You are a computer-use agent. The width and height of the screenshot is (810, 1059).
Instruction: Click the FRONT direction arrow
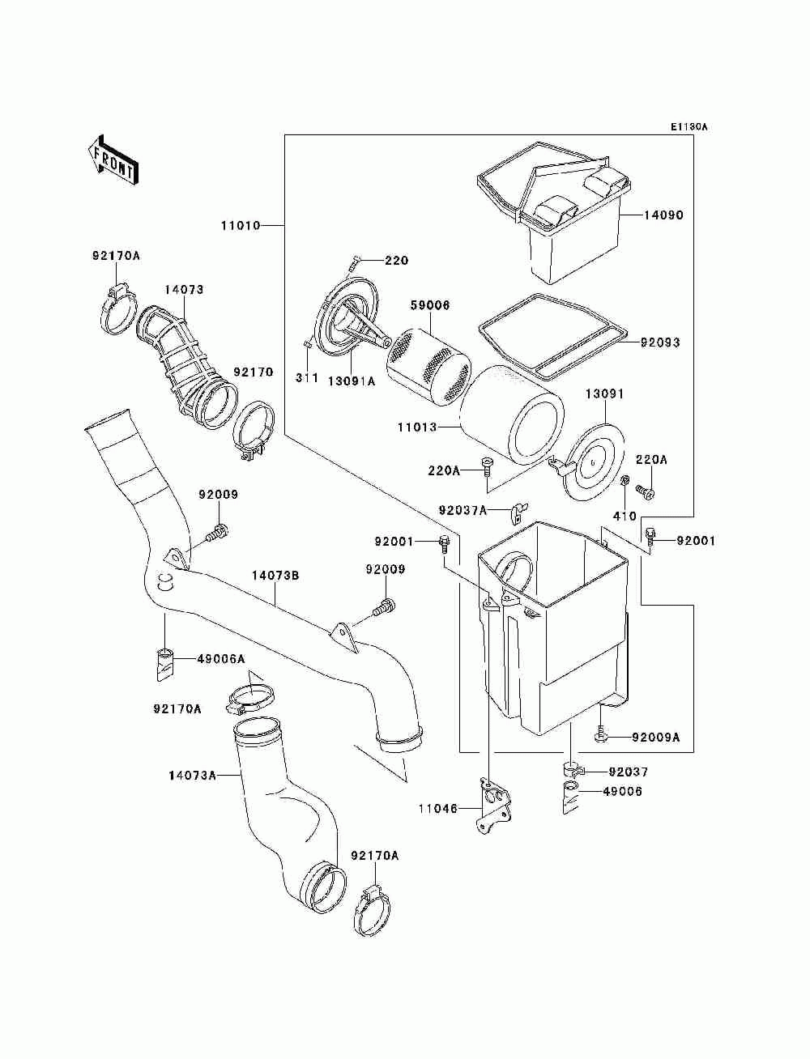113,159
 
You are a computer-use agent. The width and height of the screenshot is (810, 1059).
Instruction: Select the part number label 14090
663,215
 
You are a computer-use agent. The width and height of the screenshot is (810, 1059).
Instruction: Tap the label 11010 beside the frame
241,225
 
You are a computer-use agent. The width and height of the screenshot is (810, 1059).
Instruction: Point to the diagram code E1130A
688,127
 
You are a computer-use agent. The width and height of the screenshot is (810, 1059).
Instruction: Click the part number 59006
429,305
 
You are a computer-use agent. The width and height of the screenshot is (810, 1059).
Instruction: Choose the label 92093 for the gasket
660,342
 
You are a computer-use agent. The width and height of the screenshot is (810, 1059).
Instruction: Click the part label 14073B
275,575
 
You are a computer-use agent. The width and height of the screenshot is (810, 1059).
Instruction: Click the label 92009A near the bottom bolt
655,738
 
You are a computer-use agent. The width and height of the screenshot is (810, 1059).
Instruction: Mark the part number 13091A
352,381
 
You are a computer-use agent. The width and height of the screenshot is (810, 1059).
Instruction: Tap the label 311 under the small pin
307,377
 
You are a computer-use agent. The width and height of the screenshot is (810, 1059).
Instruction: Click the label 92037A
463,510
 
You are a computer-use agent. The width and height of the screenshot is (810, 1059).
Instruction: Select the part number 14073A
193,776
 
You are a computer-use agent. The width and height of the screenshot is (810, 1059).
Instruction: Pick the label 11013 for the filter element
417,427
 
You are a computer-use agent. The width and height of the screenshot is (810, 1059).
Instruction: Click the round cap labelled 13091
593,461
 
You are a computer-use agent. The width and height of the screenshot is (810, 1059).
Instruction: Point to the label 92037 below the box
628,772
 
